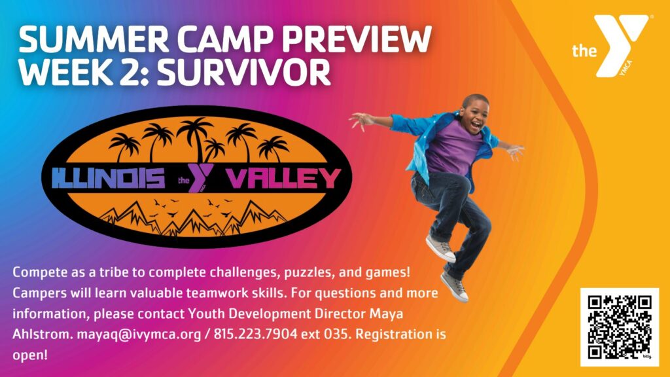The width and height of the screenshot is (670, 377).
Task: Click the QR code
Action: tap(619, 327)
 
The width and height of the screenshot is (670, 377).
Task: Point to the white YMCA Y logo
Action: tap(622, 45)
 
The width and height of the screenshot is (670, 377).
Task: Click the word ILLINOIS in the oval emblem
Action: tap(109, 178)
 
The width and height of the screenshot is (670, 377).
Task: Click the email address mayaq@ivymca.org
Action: tap(139, 334)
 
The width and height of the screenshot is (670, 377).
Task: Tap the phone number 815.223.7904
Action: tap(255, 334)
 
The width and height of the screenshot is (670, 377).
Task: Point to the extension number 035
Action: tap(339, 334)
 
